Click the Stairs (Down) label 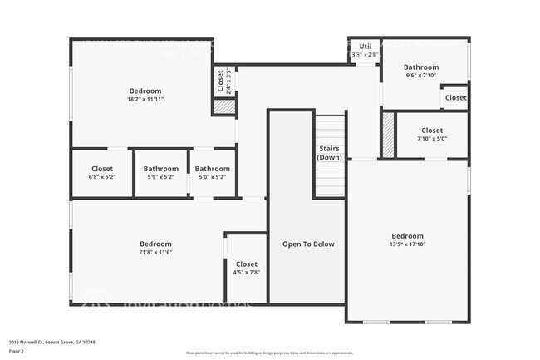(330, 153)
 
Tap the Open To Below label (308, 244)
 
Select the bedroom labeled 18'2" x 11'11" (145, 94)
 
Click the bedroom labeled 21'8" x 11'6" (155, 247)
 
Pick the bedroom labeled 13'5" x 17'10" (407, 239)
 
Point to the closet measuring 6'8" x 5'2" (101, 172)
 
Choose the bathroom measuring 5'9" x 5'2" (161, 172)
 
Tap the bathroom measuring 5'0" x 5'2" (213, 172)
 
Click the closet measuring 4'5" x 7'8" (247, 268)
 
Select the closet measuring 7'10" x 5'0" (432, 134)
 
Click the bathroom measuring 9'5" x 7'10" (421, 71)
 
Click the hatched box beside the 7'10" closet (388, 135)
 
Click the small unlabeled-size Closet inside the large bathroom (455, 97)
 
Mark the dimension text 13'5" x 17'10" (407, 244)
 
